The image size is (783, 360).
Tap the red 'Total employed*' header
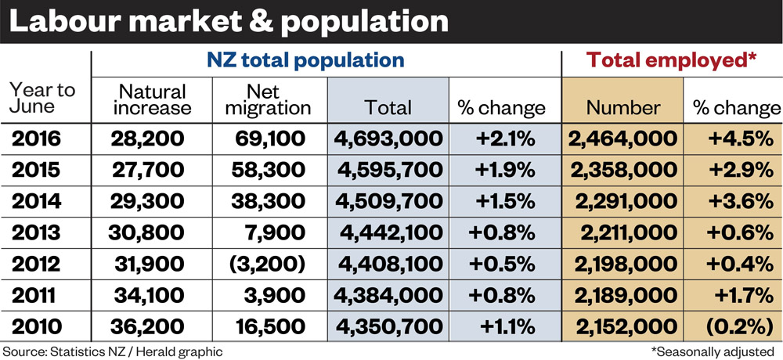tap(672, 60)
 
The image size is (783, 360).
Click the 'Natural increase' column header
tap(152, 99)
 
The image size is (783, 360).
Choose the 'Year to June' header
tap(42, 99)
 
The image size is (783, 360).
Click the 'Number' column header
tap(623, 108)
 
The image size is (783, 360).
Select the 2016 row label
tap(36, 139)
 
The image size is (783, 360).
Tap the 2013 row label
tap(36, 232)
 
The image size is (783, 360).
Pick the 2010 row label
tap(36, 326)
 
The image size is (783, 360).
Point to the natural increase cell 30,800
tap(146, 233)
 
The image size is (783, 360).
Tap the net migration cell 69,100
tap(269, 139)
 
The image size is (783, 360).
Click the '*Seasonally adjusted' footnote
tap(716, 351)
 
